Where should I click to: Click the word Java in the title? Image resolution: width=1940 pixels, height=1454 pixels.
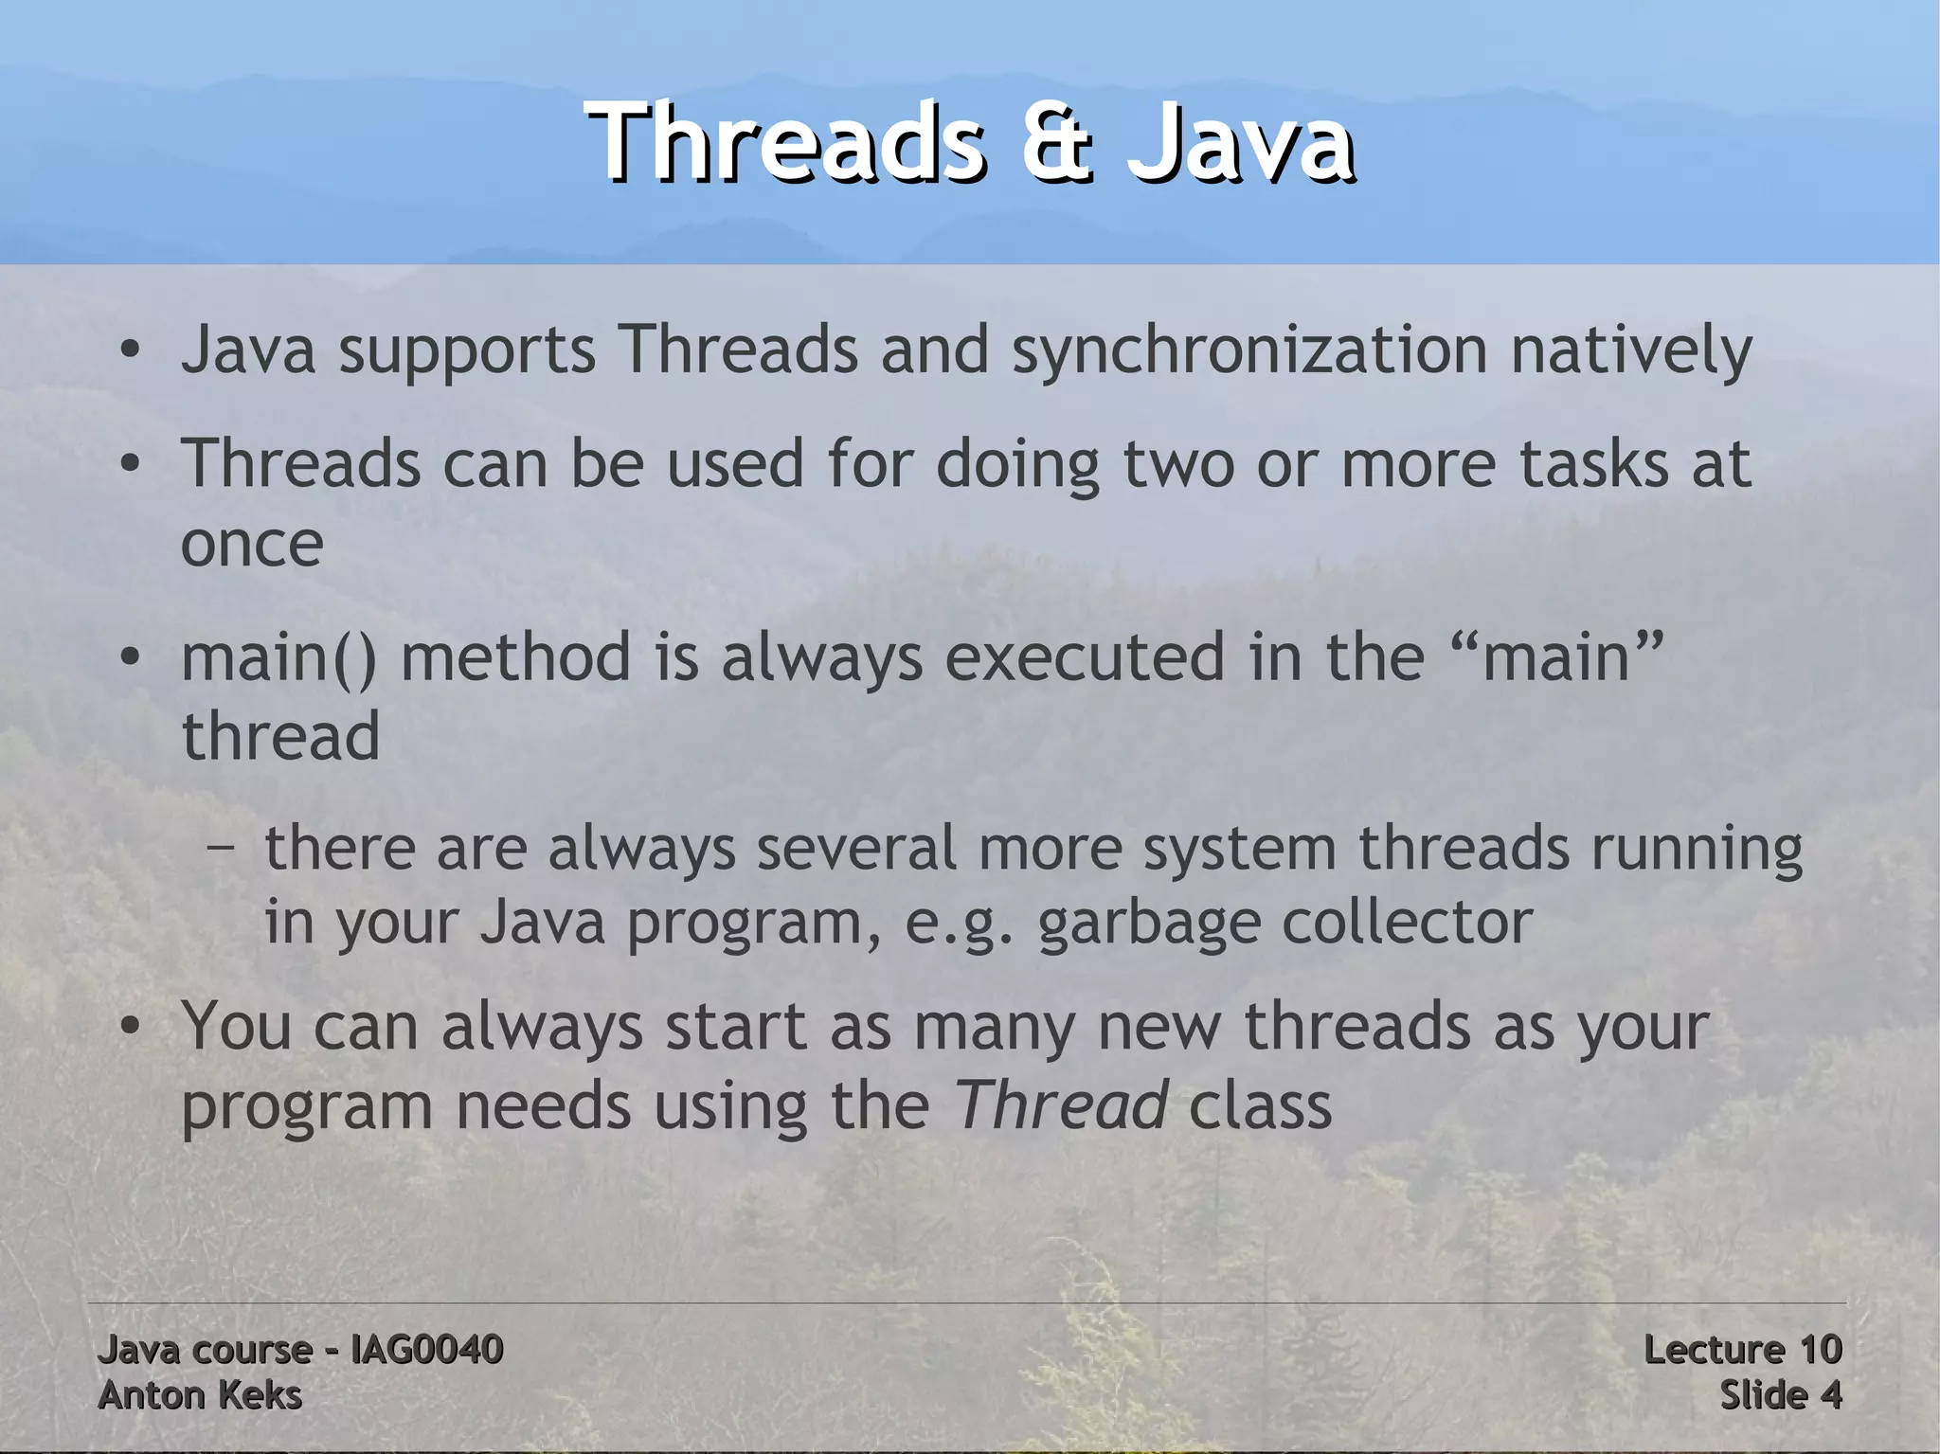1240,143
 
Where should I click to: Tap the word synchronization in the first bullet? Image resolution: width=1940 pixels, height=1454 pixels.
1249,351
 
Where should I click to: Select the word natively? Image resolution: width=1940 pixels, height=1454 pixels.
1631,351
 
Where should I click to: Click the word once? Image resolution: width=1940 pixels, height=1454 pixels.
252,545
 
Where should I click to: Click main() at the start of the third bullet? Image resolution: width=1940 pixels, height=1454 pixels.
278,658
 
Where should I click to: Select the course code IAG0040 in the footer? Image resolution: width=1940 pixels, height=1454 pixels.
426,1349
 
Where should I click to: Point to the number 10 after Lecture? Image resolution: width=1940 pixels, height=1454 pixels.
1818,1349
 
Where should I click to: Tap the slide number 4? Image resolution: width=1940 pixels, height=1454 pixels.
1831,1395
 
